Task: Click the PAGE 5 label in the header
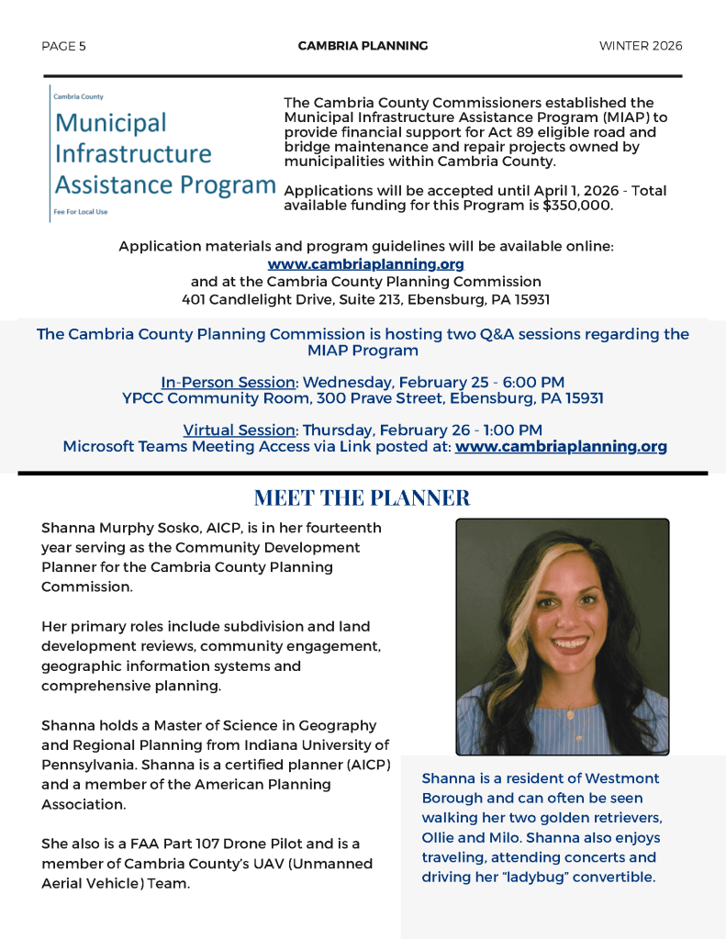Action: pos(63,46)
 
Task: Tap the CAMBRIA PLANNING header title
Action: pos(363,46)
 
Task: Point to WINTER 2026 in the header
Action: pos(641,46)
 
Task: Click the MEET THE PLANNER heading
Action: pos(362,498)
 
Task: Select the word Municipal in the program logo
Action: pos(110,123)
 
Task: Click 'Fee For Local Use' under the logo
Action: pos(81,212)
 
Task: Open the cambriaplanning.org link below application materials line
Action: pos(365,264)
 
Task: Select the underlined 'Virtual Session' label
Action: pos(239,430)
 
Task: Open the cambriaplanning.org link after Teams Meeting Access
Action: pos(561,447)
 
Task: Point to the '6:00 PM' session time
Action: pos(534,382)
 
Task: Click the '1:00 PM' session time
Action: pos(512,430)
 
